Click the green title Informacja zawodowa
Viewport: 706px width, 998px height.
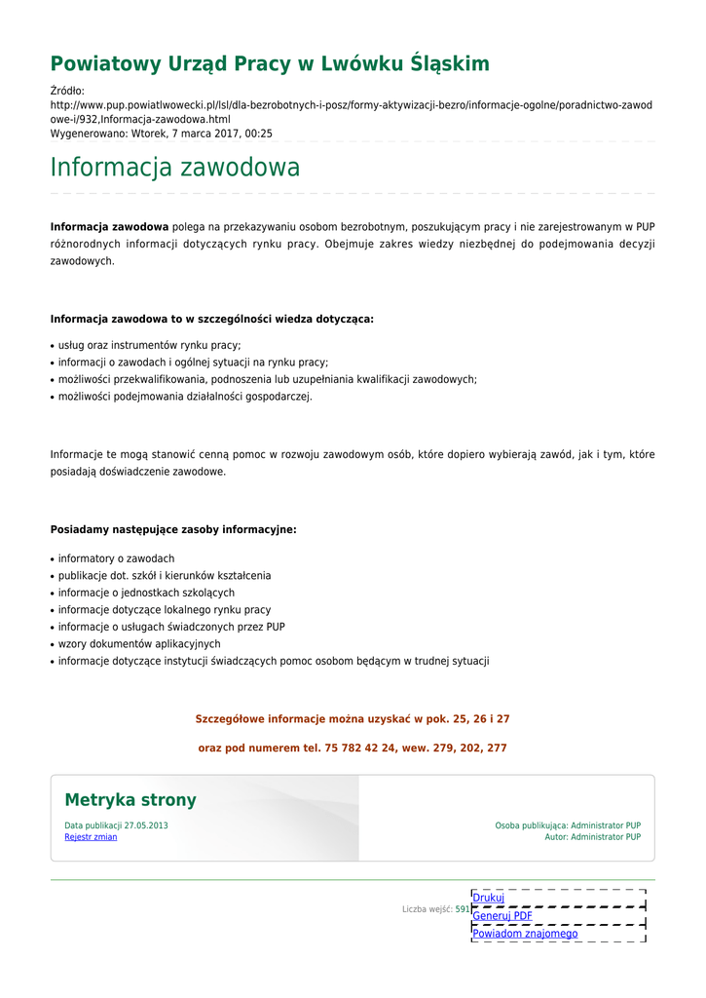tap(175, 168)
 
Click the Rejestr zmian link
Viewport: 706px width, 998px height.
tap(91, 837)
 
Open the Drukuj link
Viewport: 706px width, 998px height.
tap(489, 898)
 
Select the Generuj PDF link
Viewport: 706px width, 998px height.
tap(502, 916)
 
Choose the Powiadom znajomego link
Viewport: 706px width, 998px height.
tap(525, 934)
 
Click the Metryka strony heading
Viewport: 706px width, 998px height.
tap(130, 800)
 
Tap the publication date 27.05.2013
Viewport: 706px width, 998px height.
tap(146, 825)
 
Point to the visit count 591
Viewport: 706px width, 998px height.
tap(463, 909)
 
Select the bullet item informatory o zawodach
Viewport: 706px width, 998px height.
tap(116, 558)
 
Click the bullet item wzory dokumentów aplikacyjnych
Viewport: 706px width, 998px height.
tap(139, 644)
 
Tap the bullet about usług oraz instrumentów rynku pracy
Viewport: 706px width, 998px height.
tap(149, 345)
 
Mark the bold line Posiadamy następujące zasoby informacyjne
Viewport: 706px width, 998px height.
tap(173, 530)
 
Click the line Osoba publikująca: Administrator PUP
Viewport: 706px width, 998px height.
tap(568, 825)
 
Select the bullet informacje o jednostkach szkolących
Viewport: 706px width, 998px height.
tap(146, 593)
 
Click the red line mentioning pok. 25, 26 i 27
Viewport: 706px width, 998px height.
tap(353, 719)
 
